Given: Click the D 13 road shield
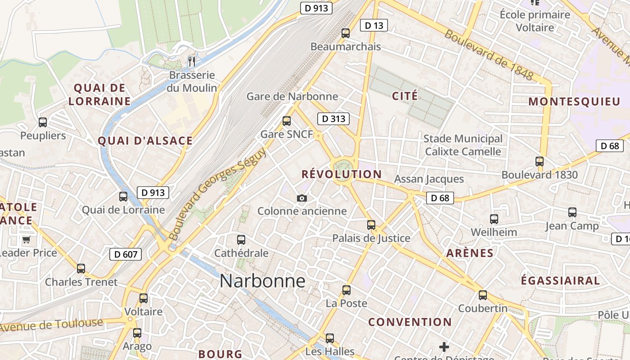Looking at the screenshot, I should [x=374, y=26].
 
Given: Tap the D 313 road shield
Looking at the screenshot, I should [x=333, y=119].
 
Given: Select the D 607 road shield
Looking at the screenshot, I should [x=126, y=254].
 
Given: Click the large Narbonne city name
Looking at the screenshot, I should [x=262, y=281].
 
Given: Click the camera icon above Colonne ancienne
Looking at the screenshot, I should [x=302, y=198].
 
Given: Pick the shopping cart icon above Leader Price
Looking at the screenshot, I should [x=26, y=239].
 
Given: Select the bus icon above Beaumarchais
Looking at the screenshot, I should [x=346, y=33].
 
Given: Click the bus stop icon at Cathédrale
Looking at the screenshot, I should [x=241, y=239].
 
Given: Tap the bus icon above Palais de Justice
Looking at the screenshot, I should [x=371, y=225].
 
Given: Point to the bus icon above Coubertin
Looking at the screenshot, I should [x=483, y=295].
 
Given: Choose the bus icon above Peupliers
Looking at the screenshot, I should [x=43, y=122].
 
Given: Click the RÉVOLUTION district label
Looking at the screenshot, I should [x=342, y=174].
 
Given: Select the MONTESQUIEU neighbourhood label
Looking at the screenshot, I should [x=574, y=101].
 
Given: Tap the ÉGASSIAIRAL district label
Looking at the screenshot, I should [x=560, y=281].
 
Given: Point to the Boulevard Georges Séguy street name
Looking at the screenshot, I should [x=218, y=193].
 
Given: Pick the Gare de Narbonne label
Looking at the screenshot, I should [x=292, y=96].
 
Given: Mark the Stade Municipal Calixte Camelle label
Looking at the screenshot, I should [x=463, y=145].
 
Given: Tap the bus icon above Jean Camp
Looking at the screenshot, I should [x=572, y=212].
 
